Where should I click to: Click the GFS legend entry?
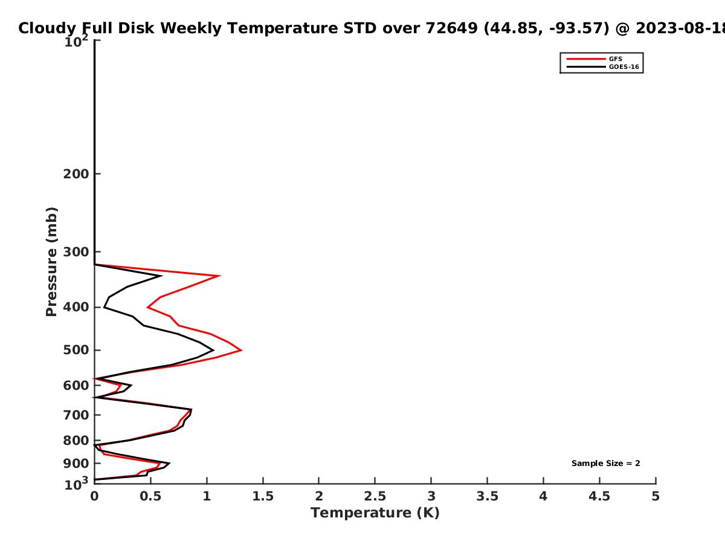coord(594,59)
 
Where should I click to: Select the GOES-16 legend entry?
coord(603,66)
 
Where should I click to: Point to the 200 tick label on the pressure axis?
coord(76,173)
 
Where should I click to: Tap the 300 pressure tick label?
coord(76,252)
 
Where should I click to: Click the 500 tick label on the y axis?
coord(76,350)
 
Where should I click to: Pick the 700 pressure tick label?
coord(76,415)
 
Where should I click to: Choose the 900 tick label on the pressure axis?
coord(76,464)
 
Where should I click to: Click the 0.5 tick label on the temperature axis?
coord(150,496)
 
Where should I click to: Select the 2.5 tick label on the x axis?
coord(375,496)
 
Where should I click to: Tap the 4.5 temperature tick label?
coord(599,496)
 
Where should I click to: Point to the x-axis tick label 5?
coord(656,496)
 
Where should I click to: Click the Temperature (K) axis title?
coord(375,513)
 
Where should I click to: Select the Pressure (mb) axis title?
coord(51,262)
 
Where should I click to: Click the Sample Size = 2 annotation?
coord(606,464)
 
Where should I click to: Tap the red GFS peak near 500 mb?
coord(242,350)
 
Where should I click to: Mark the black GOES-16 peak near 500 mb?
coord(213,350)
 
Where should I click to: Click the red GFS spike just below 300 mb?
coord(220,276)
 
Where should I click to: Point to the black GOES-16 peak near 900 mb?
coord(169,464)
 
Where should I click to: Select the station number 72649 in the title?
coord(451,28)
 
